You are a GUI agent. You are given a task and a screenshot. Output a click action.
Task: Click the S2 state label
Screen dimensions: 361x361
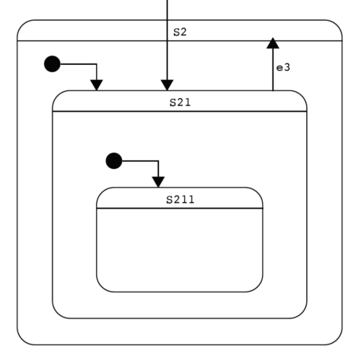(x=180, y=32)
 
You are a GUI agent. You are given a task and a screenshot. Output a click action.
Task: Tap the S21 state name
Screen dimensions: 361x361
(x=180, y=103)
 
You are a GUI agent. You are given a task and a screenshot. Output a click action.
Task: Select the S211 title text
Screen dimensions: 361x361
(x=180, y=199)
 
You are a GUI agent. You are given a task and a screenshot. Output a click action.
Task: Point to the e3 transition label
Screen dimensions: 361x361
(x=283, y=68)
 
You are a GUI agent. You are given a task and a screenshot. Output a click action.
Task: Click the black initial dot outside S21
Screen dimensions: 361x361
(x=52, y=64)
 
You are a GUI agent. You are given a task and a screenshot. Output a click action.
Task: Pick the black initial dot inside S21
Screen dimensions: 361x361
(x=114, y=161)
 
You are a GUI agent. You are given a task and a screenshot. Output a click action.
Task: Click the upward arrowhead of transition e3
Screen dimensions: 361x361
(x=273, y=43)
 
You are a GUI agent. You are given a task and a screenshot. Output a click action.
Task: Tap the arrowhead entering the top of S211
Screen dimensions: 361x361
(x=158, y=182)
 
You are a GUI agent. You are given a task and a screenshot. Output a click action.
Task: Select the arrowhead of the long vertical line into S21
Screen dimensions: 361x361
(x=167, y=85)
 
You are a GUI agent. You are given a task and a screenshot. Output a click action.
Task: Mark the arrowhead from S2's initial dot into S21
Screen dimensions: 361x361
(x=97, y=85)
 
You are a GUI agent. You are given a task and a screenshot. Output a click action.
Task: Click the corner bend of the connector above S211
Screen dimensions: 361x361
(x=158, y=161)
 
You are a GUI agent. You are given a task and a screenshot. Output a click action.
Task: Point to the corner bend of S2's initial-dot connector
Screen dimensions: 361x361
(x=97, y=64)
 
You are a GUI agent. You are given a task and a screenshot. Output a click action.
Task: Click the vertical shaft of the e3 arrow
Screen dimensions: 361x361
(x=273, y=69)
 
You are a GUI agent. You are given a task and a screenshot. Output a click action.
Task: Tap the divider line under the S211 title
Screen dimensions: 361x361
(x=180, y=208)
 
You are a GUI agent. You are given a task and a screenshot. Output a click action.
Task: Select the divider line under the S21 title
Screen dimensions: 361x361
(x=180, y=111)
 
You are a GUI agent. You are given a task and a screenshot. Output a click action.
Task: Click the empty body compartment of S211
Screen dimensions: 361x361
(x=180, y=250)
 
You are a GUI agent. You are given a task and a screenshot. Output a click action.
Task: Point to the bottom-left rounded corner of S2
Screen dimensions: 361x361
(x=22, y=340)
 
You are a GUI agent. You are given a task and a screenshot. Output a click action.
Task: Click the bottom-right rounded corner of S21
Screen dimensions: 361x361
(x=302, y=313)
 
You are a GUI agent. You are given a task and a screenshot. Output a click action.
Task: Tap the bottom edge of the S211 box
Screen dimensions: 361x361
(x=180, y=292)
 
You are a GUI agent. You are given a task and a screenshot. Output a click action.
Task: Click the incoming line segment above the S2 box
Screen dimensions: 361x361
(x=167, y=10)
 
